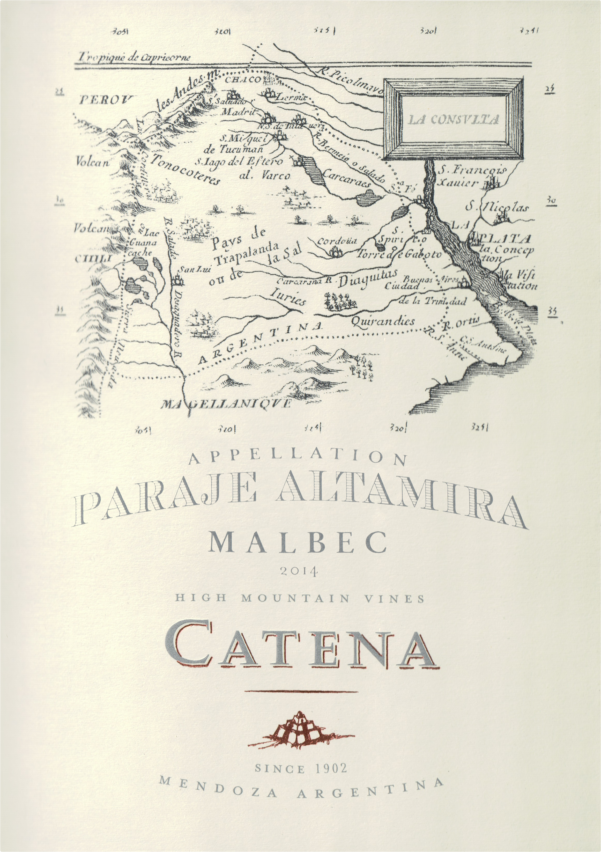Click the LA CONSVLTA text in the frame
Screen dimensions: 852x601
[453, 120]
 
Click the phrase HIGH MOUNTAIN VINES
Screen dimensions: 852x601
[299, 599]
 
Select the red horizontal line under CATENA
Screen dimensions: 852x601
[301, 692]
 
